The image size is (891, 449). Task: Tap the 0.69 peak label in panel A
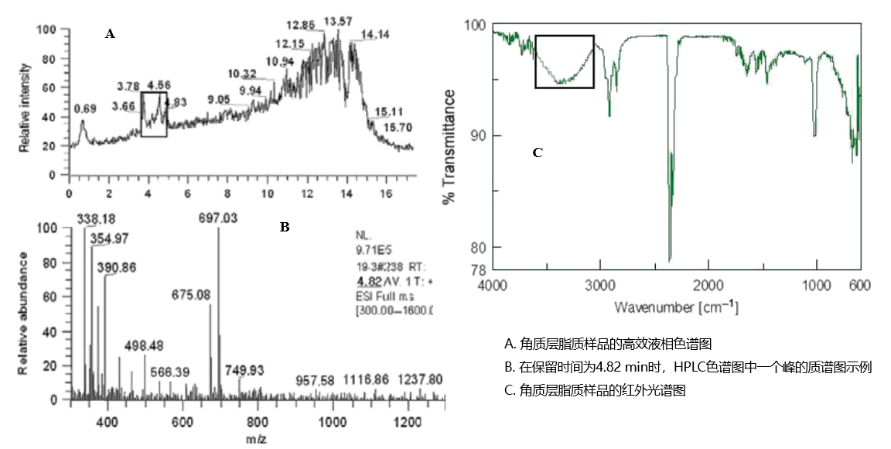point(84,109)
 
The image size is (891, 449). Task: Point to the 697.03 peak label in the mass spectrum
point(218,219)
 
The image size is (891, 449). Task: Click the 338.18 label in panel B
point(95,219)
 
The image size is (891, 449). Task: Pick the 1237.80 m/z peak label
point(420,379)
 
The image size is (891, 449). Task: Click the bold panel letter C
point(538,153)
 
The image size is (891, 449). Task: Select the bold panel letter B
point(284,227)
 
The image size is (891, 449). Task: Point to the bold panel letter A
point(110,33)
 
